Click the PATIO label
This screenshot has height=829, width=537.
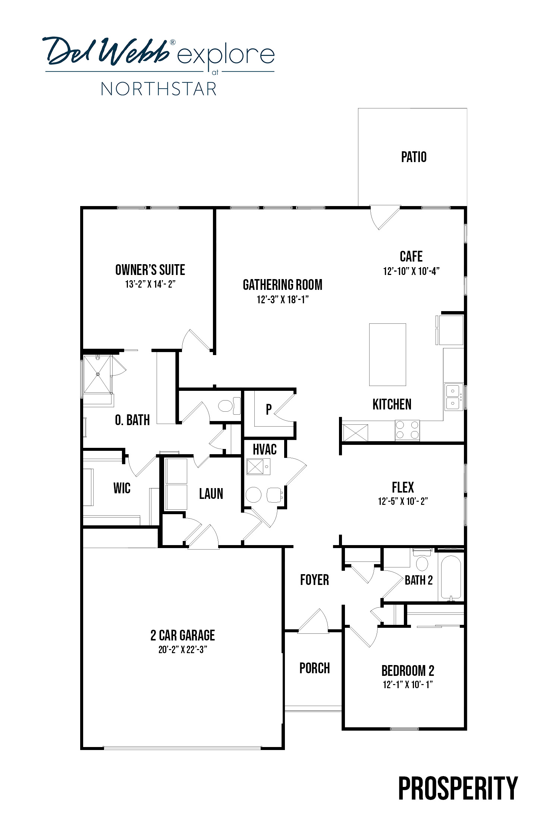pos(414,157)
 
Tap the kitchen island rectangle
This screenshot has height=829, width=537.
pos(387,354)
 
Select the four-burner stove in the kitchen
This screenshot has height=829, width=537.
pos(407,430)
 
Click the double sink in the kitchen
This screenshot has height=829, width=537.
pos(453,397)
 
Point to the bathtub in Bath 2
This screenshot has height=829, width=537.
pos(451,577)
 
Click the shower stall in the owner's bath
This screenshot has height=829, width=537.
pos(97,374)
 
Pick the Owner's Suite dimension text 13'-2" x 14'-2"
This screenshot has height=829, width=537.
pos(150,284)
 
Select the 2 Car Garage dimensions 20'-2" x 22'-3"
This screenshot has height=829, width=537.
pos(183,649)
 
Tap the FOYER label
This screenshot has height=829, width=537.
pos(314,580)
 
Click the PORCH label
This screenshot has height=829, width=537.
pos(314,668)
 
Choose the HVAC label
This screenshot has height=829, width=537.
pos(264,449)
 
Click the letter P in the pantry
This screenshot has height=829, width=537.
pos(268,409)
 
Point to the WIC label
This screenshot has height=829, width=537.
pos(122,488)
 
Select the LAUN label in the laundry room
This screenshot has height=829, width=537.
pos(211,494)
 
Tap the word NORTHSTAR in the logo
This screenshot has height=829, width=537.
pos(159,89)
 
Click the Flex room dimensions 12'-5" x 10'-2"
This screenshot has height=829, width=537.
pos(403,501)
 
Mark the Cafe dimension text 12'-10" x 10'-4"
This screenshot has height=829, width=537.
pos(411,271)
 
